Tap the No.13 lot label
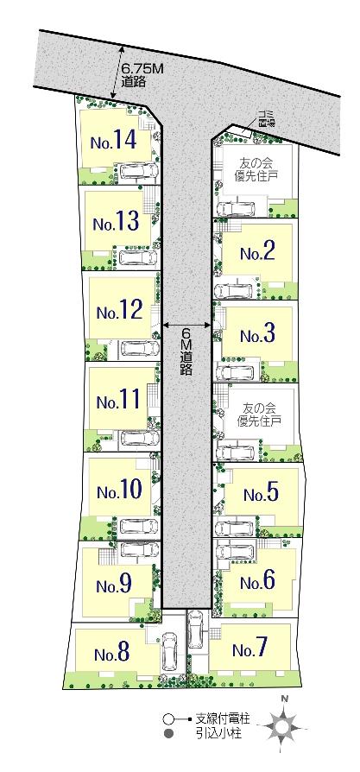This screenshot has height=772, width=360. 116,222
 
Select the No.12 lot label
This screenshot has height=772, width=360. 118,310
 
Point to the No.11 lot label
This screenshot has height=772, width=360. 118,401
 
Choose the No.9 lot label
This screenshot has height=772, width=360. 114,584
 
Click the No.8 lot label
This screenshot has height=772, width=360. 112,654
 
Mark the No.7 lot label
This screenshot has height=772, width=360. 250,649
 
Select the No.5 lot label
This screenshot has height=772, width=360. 261,494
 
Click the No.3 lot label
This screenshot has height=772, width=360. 257,334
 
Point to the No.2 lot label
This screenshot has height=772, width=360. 257,252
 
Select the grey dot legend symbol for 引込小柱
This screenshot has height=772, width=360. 169,733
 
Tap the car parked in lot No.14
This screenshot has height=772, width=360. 136,171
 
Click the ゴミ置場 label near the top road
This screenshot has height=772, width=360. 263,120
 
